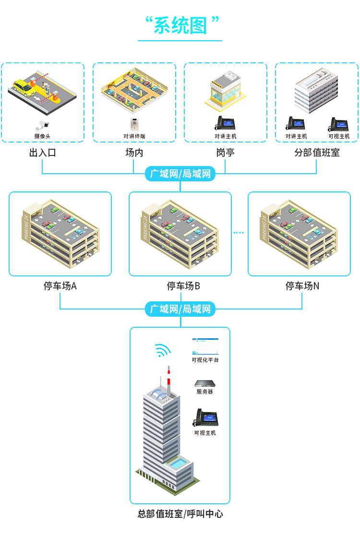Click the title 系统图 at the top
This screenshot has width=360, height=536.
(x=180, y=26)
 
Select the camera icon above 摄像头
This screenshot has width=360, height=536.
(x=42, y=125)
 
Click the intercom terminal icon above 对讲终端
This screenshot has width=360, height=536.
(x=134, y=124)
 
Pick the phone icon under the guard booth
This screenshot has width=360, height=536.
(x=225, y=123)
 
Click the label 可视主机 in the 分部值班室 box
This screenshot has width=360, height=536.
(x=339, y=136)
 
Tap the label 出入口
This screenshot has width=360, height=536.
(x=42, y=153)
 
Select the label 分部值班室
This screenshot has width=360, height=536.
(x=317, y=153)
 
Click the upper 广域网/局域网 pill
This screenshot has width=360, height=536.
(x=180, y=174)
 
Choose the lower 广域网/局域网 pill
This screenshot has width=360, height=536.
(x=180, y=309)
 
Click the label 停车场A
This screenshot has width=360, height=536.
(x=60, y=286)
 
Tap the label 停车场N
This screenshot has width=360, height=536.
(x=302, y=286)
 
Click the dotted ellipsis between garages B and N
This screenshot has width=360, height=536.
(x=239, y=233)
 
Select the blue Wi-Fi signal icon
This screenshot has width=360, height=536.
(x=163, y=351)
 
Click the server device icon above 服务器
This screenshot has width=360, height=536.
(x=204, y=383)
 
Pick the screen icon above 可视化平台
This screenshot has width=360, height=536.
(x=204, y=346)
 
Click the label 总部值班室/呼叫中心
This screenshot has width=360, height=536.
(x=180, y=514)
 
